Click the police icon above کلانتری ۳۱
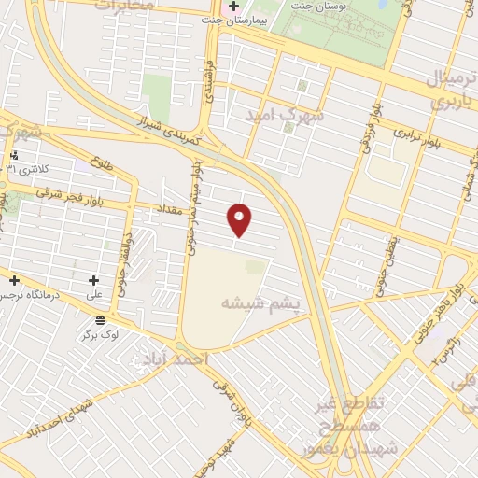[x=14, y=156]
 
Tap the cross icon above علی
[x=94, y=280]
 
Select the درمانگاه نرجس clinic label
[x=21, y=295]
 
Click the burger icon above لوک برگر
[x=100, y=320]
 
